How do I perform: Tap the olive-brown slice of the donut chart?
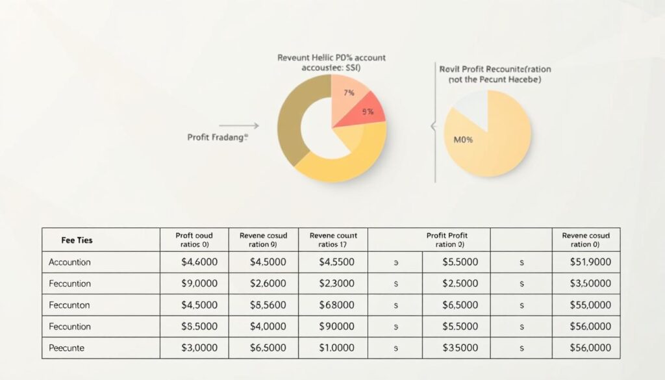pos(292,123)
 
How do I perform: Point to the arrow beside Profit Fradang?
pos(239,125)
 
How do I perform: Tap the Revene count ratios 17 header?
pos(333,240)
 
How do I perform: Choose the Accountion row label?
pos(69,262)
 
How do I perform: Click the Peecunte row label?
pos(68,348)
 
